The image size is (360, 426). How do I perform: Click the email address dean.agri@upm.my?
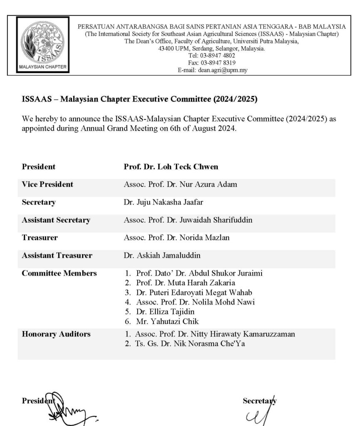(223, 70)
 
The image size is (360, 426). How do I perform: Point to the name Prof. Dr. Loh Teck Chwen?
(171, 167)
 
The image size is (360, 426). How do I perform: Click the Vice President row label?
(47, 184)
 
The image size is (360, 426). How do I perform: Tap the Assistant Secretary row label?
(56, 220)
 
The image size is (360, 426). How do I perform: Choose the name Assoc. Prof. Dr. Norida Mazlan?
(178, 238)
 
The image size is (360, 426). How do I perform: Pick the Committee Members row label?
(59, 273)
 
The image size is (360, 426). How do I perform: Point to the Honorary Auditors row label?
(56, 334)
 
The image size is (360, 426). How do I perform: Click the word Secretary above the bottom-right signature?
(259, 401)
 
